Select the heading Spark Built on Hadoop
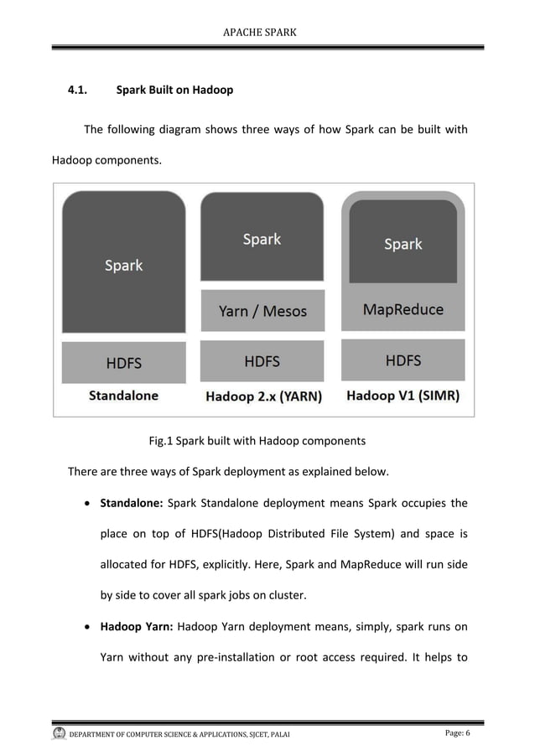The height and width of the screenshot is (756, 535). click(174, 89)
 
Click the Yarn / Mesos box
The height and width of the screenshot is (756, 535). click(262, 311)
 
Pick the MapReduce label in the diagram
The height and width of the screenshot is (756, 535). click(403, 310)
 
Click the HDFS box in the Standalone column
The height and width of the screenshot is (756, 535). click(123, 363)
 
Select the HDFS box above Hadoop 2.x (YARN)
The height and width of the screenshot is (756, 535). click(262, 362)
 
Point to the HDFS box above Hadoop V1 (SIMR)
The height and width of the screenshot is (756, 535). click(403, 361)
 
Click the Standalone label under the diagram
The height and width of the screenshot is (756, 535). click(123, 396)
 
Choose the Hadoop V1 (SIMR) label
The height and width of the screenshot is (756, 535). click(403, 396)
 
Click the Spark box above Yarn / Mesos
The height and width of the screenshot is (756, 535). click(262, 240)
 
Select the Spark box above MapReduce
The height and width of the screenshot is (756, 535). click(403, 244)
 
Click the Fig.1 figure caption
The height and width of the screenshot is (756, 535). click(257, 440)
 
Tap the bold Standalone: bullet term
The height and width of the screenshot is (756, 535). click(131, 504)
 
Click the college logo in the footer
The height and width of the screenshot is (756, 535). click(59, 734)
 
